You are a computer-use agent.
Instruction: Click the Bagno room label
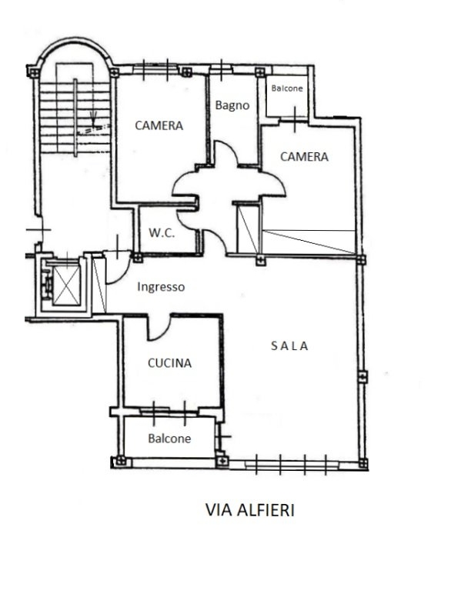tap(232, 105)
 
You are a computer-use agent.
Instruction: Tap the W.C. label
tap(162, 232)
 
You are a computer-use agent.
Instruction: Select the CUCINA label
tap(169, 363)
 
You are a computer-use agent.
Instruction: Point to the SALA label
tap(289, 346)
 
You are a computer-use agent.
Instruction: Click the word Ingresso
tap(161, 287)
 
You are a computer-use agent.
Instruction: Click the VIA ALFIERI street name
tap(250, 510)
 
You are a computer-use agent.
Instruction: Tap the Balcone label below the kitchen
tap(169, 439)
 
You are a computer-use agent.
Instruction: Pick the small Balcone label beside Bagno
tap(287, 88)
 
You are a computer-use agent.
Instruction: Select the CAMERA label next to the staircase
tap(159, 125)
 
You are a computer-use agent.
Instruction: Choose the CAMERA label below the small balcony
tap(304, 157)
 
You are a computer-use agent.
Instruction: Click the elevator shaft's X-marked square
tap(66, 285)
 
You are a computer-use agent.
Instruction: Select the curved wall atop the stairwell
tap(74, 43)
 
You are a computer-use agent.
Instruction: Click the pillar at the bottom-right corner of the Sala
tap(362, 463)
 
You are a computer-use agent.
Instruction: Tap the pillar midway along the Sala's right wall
tap(362, 376)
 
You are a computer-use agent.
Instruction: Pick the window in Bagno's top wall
tap(221, 69)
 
